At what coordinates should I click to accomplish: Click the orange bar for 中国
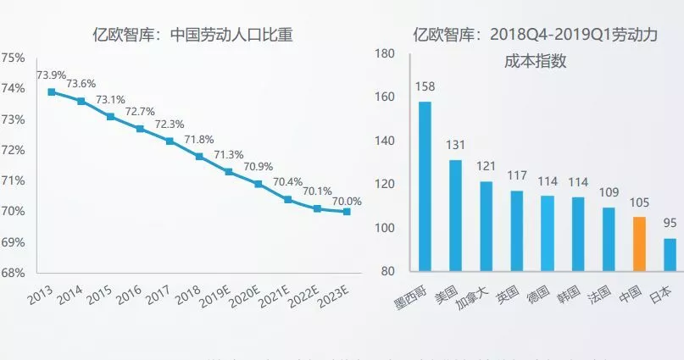coord(639,244)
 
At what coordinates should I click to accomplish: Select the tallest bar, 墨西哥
coord(425,186)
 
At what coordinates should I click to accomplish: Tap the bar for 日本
coord(670,255)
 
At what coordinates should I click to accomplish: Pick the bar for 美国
coord(455,215)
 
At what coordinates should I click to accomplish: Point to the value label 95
coord(670,224)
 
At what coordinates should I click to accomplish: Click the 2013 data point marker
coord(52,91)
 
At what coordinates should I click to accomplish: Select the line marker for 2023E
coord(348,212)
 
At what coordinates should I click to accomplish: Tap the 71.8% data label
coord(199,139)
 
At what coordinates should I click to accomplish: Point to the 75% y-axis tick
coord(14,58)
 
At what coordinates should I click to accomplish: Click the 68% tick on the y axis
coord(14,273)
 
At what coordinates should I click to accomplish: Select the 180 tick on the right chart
coord(385,54)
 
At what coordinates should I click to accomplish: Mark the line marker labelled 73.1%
coord(111,116)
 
